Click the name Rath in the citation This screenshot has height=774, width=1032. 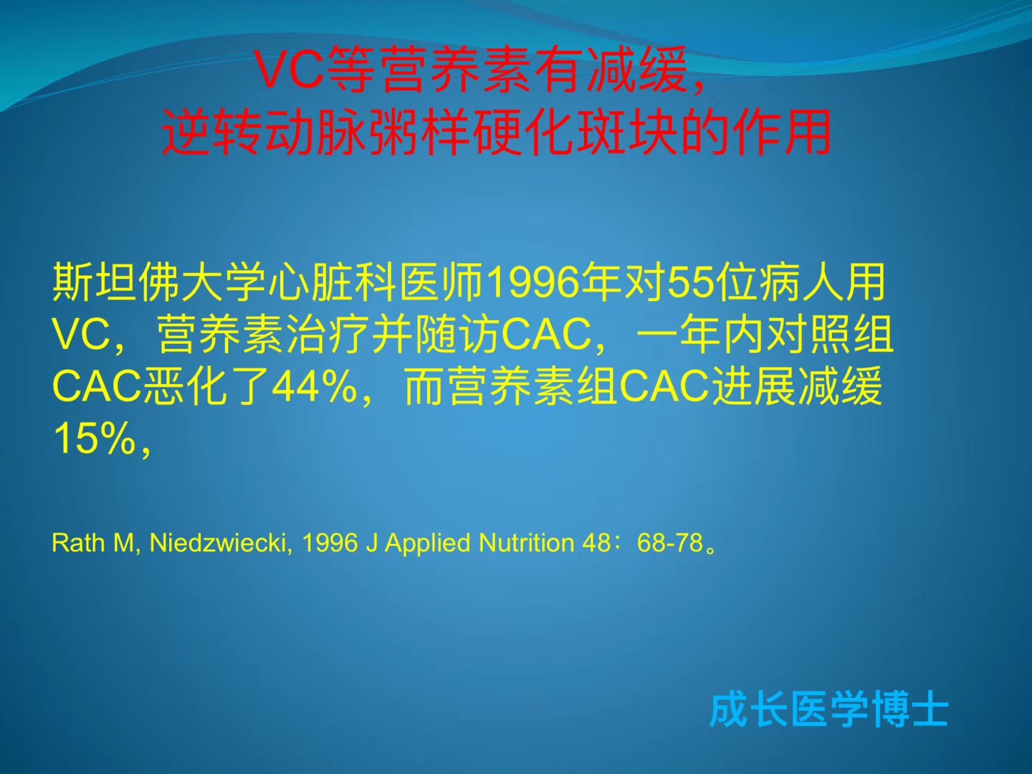click(x=78, y=543)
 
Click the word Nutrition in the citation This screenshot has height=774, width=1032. click(x=526, y=543)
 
